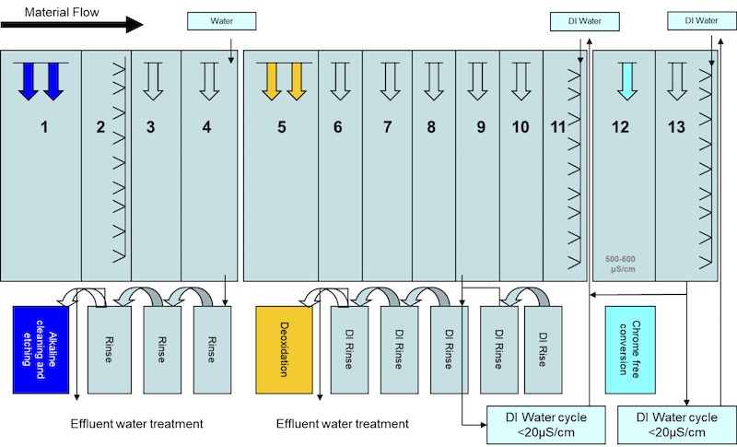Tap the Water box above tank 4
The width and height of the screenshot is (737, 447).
[221, 20]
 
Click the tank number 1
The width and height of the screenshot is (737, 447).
[42, 127]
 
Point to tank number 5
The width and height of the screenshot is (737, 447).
[282, 127]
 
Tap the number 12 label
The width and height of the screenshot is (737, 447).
[623, 127]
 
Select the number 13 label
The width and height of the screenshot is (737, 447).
[677, 127]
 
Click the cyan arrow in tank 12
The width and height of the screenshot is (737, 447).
[626, 80]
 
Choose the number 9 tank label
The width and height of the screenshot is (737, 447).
[480, 127]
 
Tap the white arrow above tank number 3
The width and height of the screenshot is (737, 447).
[153, 80]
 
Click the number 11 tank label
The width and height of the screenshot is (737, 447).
[556, 127]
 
